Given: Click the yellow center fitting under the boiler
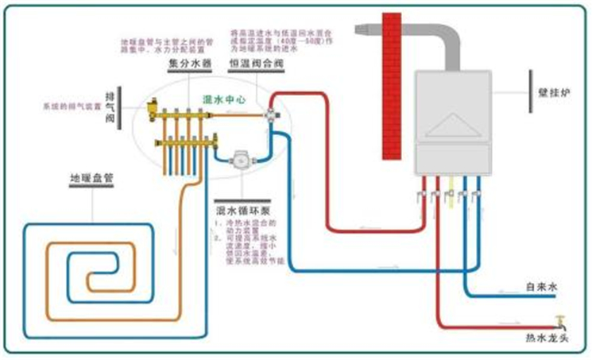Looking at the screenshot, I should pos(451,196).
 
